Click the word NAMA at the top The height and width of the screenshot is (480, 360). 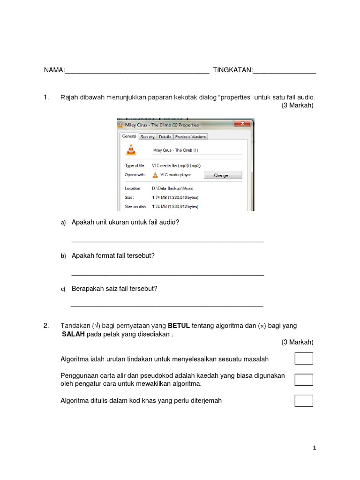tap(53, 70)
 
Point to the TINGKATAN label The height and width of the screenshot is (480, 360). tap(232, 70)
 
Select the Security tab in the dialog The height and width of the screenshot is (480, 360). tap(148, 137)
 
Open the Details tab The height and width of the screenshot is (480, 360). tap(165, 137)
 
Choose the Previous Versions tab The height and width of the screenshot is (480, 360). tap(191, 137)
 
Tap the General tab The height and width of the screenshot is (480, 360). tap(129, 136)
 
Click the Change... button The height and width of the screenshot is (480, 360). tap(223, 175)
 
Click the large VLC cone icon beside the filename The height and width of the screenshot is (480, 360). tap(131, 150)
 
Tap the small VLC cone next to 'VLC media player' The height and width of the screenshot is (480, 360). tap(155, 175)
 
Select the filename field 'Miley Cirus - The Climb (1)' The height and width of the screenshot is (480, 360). tap(197, 150)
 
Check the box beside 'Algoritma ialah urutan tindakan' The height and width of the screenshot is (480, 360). tap(304, 359)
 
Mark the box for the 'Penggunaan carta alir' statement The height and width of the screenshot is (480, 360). tap(304, 380)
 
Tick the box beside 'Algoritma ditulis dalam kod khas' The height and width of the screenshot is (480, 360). tap(304, 401)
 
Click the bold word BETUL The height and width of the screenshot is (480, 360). tap(179, 325)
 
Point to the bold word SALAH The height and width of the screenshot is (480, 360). tap(73, 334)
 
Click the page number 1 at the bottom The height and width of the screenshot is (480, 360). tap(315, 448)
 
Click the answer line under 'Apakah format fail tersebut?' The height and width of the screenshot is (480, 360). tap(167, 274)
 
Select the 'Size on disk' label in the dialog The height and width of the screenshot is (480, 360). tap(135, 206)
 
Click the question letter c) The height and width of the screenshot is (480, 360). tap(63, 289)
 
